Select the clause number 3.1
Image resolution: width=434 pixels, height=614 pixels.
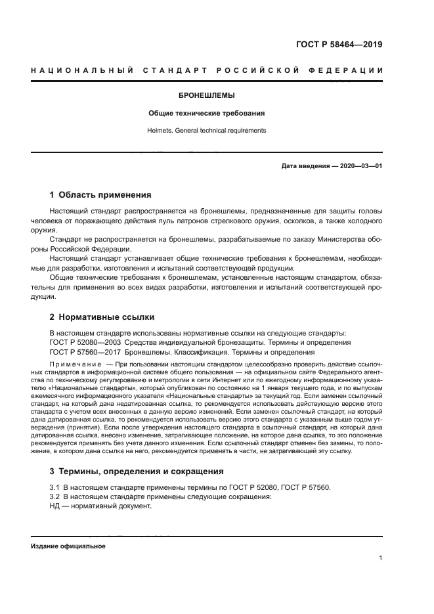click(x=55, y=487)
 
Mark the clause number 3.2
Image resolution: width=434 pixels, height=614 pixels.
click(x=55, y=497)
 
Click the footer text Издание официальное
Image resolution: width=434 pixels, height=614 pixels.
click(x=68, y=546)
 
